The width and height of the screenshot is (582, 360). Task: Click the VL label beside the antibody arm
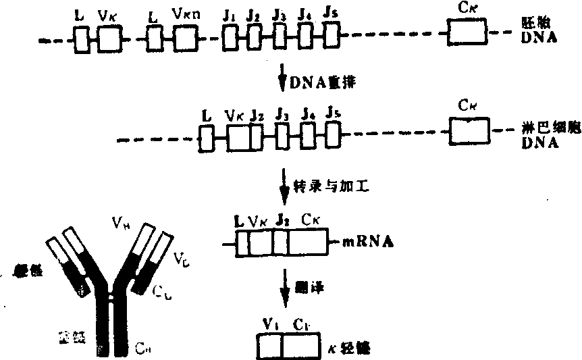180,257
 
